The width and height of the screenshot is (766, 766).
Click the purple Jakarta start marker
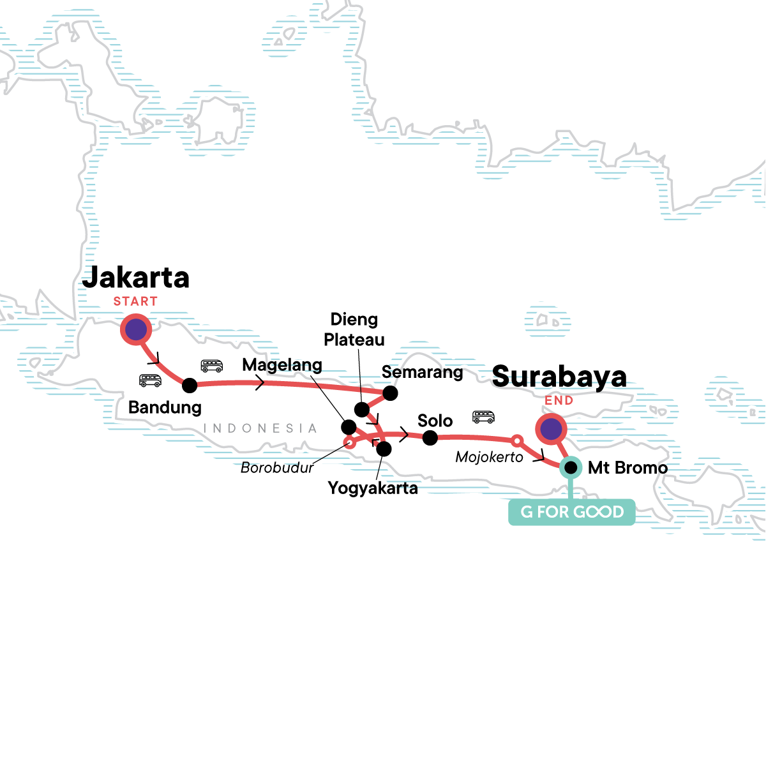136,330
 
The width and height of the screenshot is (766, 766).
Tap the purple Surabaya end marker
551,430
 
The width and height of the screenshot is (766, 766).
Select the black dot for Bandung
190,386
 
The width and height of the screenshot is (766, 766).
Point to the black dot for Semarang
390,393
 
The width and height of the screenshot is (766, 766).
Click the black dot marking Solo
430,438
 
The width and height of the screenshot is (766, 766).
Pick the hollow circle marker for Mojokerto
518,440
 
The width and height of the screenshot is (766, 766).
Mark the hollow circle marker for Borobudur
349,442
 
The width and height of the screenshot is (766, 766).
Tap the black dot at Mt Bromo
571,468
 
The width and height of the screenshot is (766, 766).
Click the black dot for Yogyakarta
384,449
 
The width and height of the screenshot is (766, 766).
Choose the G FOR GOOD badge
571,512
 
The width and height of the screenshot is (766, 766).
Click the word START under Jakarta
135,301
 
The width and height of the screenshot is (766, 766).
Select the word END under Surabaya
559,401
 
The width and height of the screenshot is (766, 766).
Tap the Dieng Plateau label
354,329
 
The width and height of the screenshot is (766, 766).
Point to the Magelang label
282,365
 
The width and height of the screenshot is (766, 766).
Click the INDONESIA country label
260,428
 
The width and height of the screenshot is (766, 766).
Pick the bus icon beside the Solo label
483,417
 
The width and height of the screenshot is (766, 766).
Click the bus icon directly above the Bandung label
150,380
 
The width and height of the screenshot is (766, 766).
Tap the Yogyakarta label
373,488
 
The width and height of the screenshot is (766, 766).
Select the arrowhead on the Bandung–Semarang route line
260,383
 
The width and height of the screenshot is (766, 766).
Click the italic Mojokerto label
489,457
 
